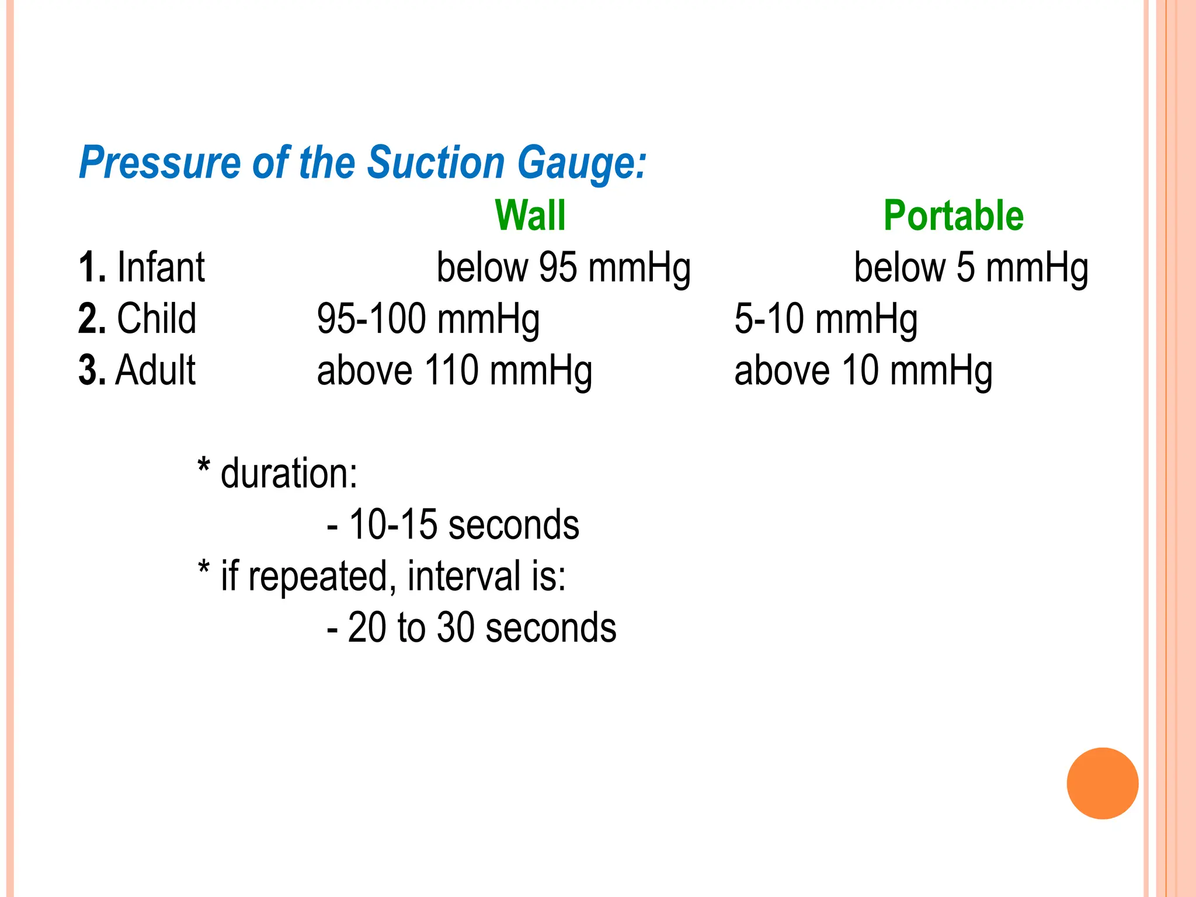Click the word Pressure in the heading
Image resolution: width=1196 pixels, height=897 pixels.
(x=159, y=162)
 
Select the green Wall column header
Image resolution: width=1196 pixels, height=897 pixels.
(x=530, y=215)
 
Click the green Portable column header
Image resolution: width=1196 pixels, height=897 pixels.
(x=953, y=215)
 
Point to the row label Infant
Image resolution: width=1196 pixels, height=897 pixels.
(x=161, y=267)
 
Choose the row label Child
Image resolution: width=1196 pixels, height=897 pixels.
(x=157, y=319)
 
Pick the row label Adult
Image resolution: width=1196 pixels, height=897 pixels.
(x=155, y=370)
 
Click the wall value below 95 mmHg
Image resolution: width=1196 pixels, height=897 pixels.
(x=564, y=268)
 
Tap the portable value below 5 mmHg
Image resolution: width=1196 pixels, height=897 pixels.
(x=971, y=268)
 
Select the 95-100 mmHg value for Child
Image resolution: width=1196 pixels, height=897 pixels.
(x=428, y=319)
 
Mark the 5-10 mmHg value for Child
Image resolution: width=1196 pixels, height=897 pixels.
(x=825, y=319)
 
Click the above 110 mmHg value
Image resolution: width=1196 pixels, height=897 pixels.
(x=454, y=371)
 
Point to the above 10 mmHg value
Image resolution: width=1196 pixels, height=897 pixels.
(x=863, y=371)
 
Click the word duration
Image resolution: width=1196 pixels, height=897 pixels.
(x=288, y=473)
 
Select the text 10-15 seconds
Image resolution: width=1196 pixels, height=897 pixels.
(x=464, y=524)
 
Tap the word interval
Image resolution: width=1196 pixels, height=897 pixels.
(x=464, y=576)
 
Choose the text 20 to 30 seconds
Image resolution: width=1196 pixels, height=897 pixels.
(x=482, y=628)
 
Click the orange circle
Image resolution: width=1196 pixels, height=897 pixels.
(x=1103, y=783)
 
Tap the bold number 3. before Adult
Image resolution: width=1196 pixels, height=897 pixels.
(x=92, y=370)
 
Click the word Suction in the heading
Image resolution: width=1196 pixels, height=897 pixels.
(x=435, y=162)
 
